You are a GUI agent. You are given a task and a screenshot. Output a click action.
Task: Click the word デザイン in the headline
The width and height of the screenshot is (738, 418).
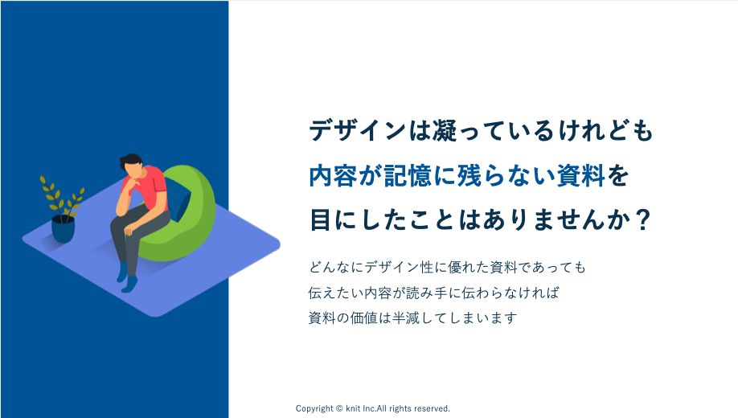(x=357, y=130)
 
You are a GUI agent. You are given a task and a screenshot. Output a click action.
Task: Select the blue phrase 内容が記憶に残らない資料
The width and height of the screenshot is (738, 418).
(x=457, y=175)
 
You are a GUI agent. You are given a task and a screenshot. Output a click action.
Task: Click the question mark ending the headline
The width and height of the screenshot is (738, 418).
(x=642, y=219)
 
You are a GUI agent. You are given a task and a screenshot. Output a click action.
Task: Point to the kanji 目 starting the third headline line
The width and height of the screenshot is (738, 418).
(x=321, y=219)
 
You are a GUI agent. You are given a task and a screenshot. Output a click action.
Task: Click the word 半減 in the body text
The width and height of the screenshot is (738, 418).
(x=406, y=318)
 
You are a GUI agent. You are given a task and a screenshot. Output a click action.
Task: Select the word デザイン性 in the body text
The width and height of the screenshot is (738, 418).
(x=399, y=268)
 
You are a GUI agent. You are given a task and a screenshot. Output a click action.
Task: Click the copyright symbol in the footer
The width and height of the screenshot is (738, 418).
(x=339, y=408)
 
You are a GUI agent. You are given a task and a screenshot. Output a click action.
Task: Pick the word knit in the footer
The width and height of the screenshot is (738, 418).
(x=353, y=408)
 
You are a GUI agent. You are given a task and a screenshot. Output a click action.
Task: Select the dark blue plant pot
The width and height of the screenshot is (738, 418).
(x=63, y=229)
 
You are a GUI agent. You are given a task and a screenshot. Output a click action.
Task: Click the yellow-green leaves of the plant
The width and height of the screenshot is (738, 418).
(x=61, y=198)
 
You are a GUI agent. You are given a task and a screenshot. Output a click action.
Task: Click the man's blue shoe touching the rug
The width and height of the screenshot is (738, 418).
(x=129, y=285)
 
